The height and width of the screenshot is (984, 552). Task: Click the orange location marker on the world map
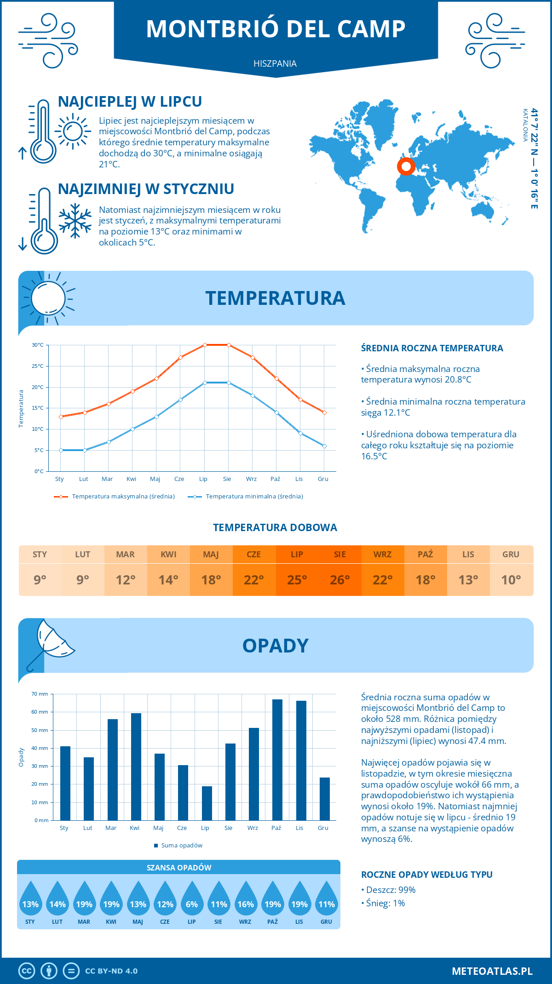click(x=406, y=166)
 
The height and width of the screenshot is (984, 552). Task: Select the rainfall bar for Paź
click(x=277, y=760)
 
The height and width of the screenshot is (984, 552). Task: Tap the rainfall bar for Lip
click(x=207, y=803)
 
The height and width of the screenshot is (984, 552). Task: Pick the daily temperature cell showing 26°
click(x=340, y=580)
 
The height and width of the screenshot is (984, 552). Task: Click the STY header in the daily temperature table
click(x=40, y=555)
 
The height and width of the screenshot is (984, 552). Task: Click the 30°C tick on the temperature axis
click(x=38, y=345)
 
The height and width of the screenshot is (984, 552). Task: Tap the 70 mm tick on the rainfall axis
click(x=40, y=694)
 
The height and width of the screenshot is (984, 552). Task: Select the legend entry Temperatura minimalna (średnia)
click(x=254, y=497)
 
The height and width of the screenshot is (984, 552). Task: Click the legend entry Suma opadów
click(x=181, y=846)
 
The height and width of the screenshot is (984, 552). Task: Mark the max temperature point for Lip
click(x=205, y=345)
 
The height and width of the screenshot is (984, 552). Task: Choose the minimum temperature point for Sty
click(x=61, y=450)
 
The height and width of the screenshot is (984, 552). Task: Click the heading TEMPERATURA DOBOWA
click(x=275, y=527)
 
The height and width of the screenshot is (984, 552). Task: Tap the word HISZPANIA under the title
click(x=275, y=63)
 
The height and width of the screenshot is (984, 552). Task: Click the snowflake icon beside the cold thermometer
click(x=75, y=221)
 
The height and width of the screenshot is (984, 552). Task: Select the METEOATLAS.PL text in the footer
click(x=492, y=971)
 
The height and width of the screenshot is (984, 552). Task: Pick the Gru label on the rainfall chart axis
click(x=323, y=828)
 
